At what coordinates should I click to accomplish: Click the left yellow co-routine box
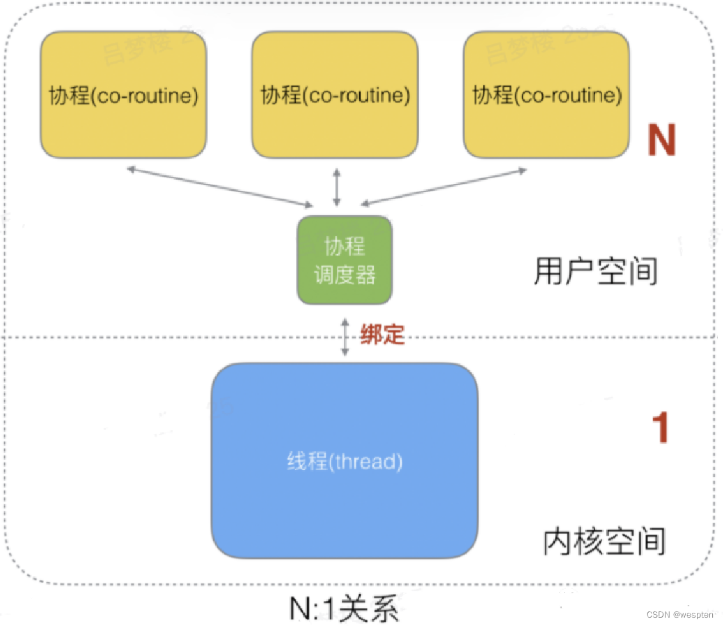pyautogui.click(x=123, y=95)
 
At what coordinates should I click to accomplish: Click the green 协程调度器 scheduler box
pyautogui.click(x=345, y=259)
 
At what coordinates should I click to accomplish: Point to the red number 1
pyautogui.click(x=659, y=428)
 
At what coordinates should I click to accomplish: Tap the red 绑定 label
pyautogui.click(x=382, y=336)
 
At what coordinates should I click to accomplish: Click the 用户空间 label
pyautogui.click(x=595, y=272)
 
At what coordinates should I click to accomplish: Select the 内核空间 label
pyautogui.click(x=604, y=542)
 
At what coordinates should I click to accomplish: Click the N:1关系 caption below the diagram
pyautogui.click(x=344, y=609)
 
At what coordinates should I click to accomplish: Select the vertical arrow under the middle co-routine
pyautogui.click(x=337, y=186)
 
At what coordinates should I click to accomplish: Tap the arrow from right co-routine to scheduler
pyautogui.click(x=444, y=186)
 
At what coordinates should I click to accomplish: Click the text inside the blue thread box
pyautogui.click(x=345, y=461)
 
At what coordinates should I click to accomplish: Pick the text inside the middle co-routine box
pyautogui.click(x=335, y=95)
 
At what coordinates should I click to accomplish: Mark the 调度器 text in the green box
pyautogui.click(x=345, y=275)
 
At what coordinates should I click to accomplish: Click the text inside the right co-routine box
pyautogui.click(x=546, y=95)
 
